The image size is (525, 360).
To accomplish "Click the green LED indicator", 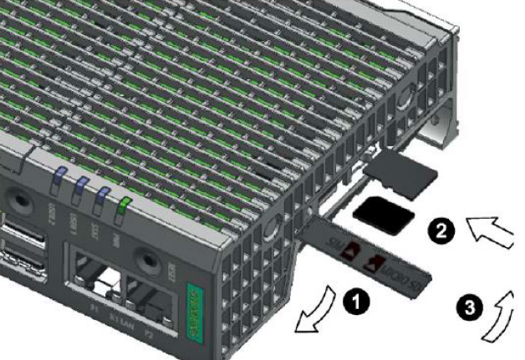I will (x=124, y=205).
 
